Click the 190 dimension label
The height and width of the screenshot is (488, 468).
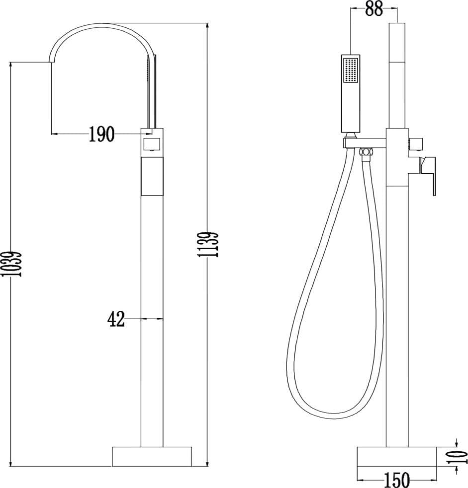click(x=102, y=134)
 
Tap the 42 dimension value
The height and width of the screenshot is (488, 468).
click(x=116, y=319)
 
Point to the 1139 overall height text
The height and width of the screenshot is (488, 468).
click(x=208, y=244)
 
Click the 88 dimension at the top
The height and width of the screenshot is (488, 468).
click(x=374, y=8)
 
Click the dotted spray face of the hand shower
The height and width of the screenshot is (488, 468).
click(x=351, y=70)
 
